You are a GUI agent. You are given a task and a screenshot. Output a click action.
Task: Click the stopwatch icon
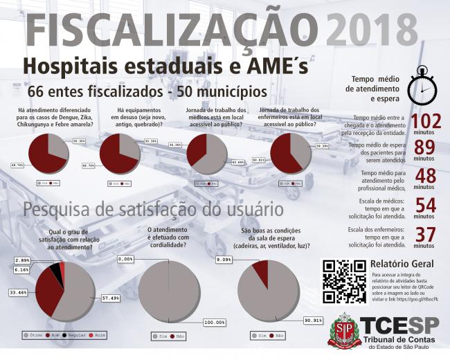pos(421,85)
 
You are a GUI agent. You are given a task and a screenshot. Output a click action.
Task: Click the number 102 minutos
pos(420,122)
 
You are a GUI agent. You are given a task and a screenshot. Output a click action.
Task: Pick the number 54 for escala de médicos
pos(424,205)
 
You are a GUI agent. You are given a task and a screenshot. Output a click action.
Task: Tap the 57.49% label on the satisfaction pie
pos(111,298)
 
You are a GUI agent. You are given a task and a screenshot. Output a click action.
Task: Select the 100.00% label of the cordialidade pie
pos(215,323)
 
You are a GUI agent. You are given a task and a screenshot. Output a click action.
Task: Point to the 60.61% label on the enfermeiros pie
pos(258,160)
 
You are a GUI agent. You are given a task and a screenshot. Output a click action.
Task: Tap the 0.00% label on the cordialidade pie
pos(125,259)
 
